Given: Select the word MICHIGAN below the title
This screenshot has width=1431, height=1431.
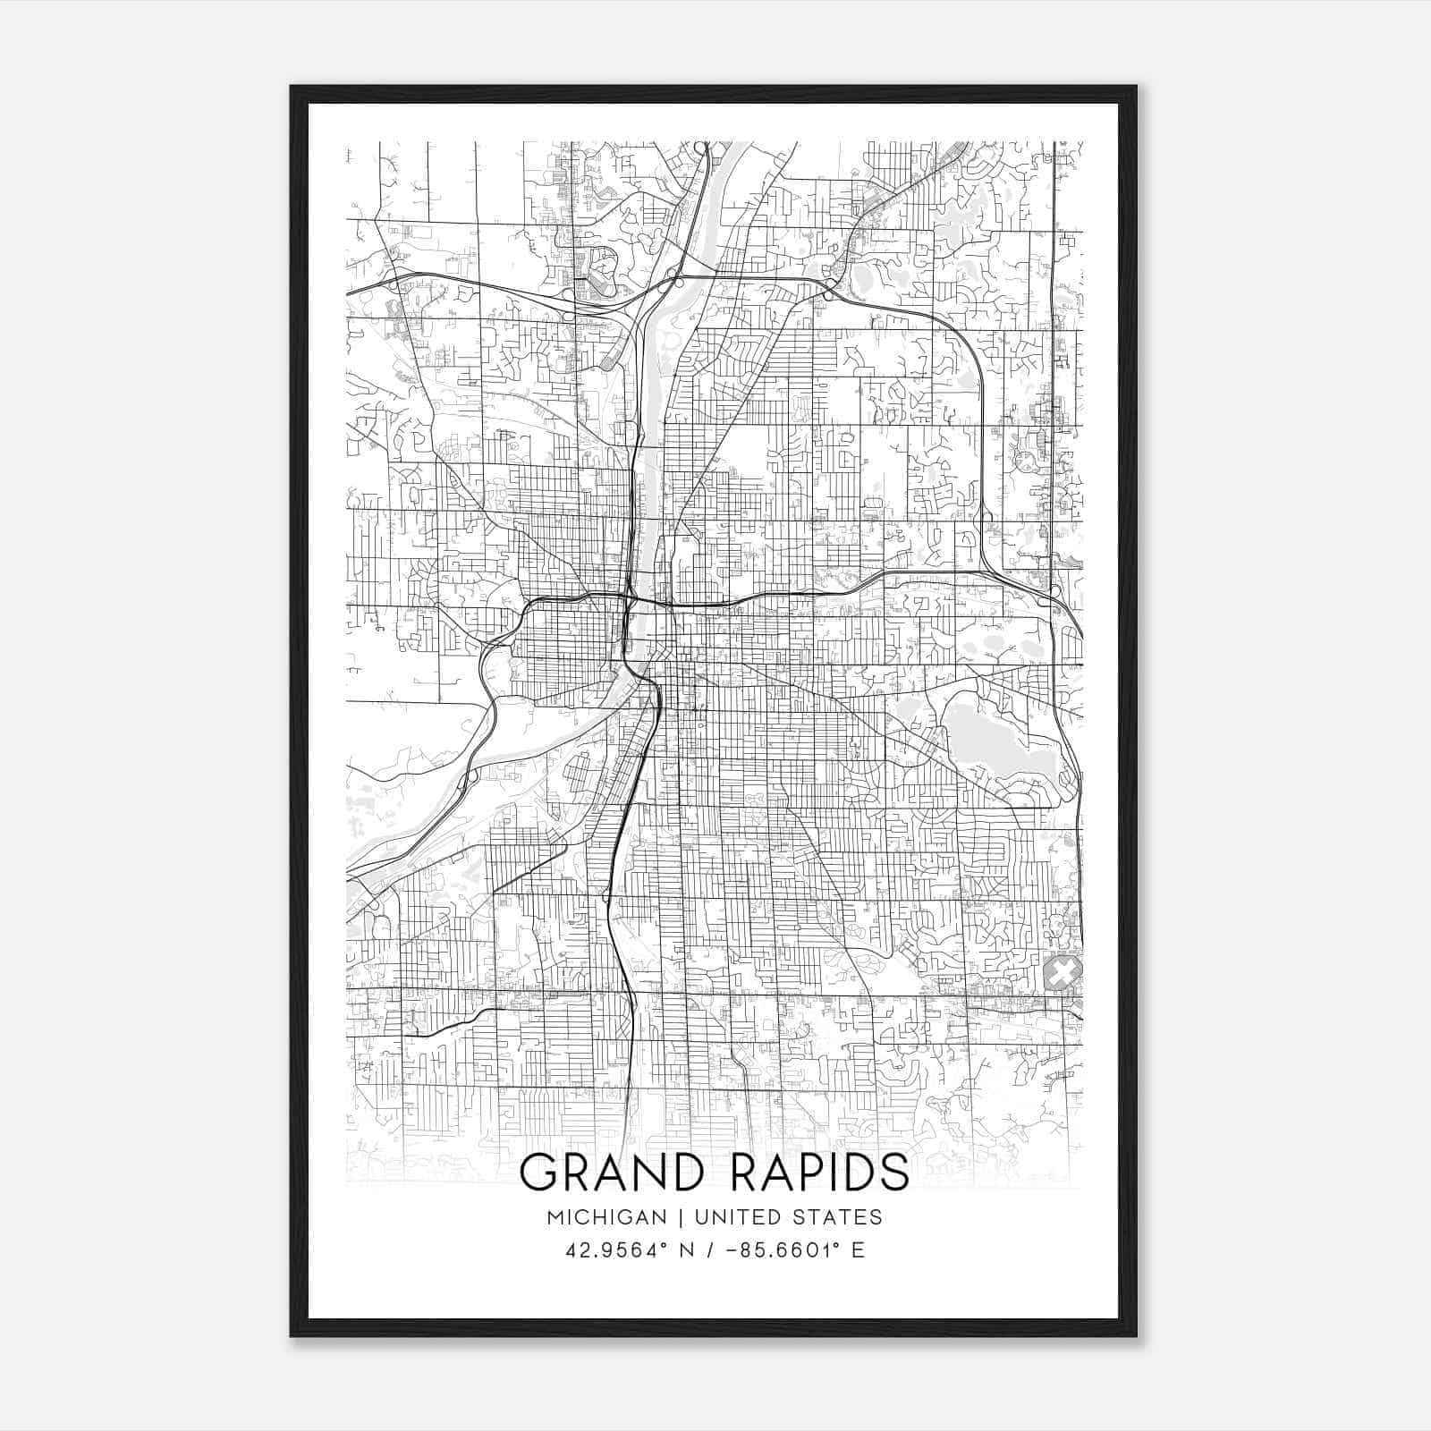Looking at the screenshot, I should pos(607,1217).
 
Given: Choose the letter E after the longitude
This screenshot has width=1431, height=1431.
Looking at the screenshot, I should pos(858,1250).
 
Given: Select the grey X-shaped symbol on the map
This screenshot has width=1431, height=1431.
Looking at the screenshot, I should pos(1063,972).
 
